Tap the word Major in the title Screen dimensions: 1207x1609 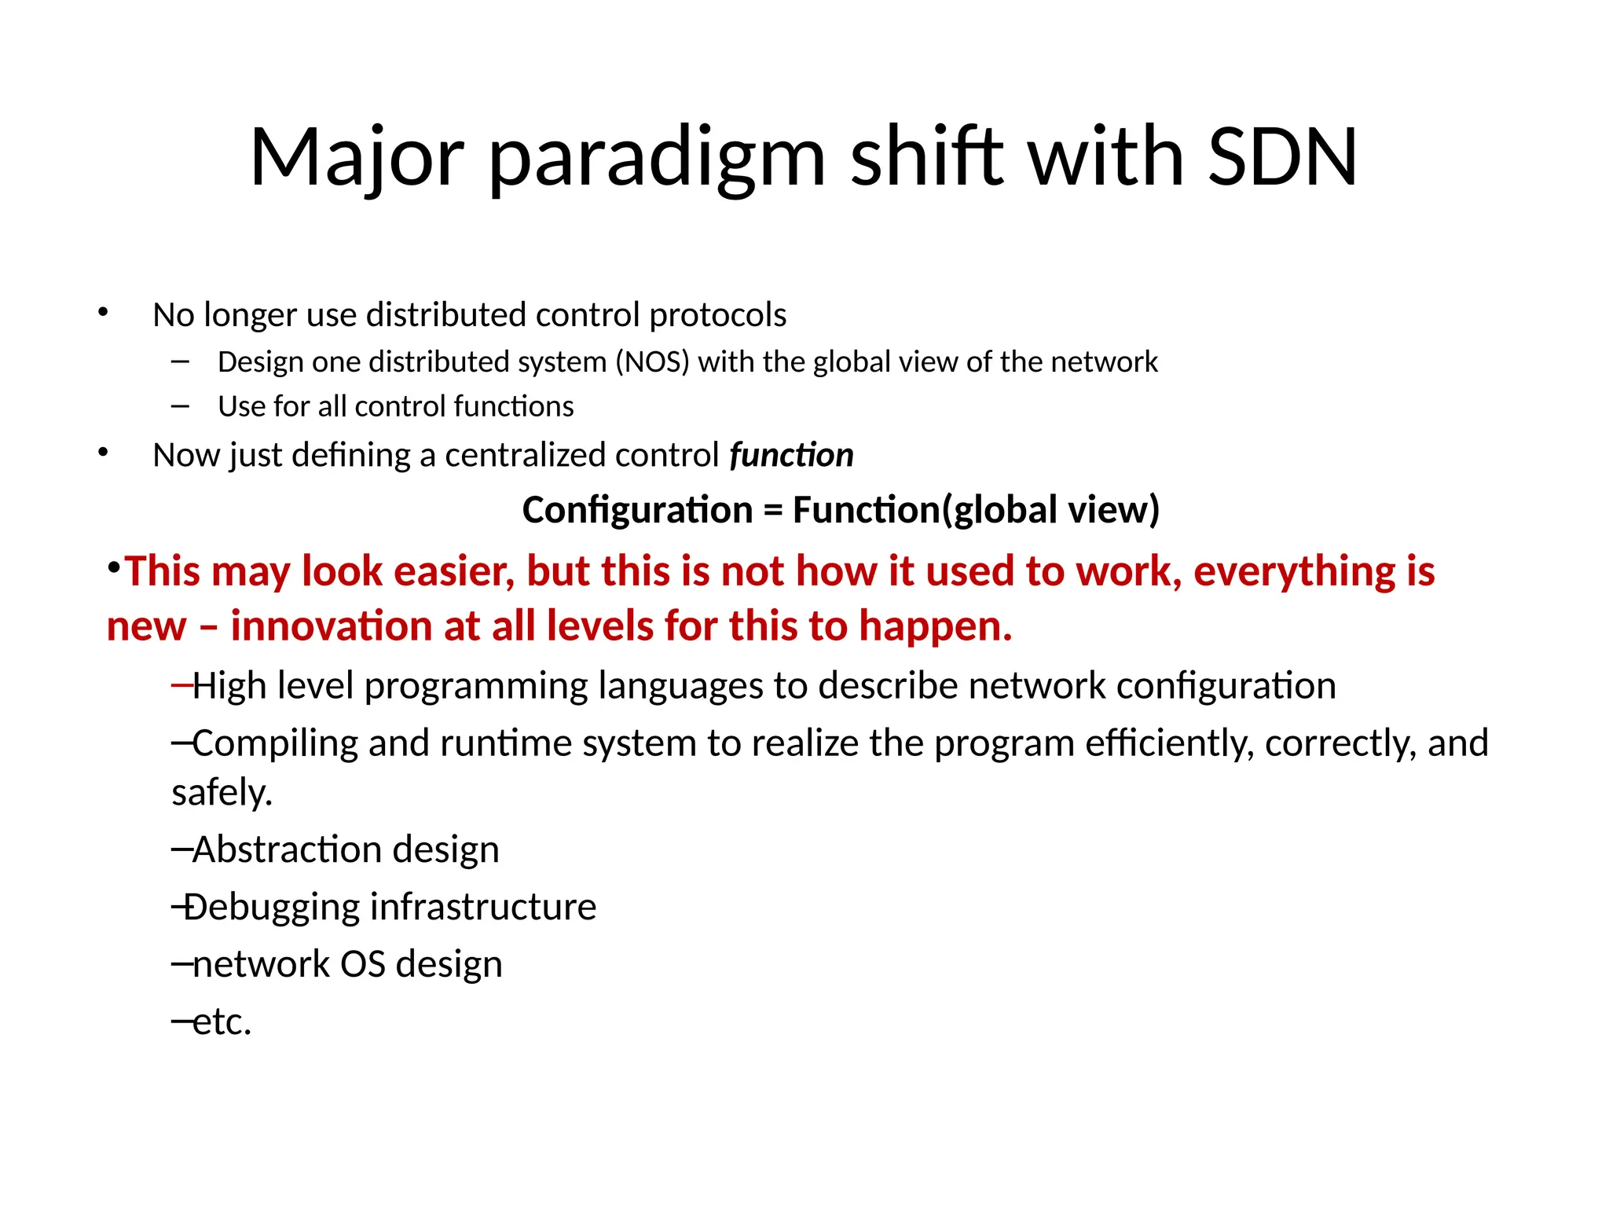(357, 160)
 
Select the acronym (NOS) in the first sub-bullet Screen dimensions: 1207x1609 (651, 362)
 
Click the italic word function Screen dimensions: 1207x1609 (791, 456)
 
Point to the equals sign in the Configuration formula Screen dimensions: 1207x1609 (772, 511)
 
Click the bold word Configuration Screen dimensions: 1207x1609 (637, 511)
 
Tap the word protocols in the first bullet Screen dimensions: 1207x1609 (717, 316)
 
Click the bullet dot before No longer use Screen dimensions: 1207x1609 (103, 313)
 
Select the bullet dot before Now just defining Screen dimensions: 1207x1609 (103, 453)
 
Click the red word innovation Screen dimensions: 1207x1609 (332, 627)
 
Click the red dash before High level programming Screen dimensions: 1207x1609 (181, 686)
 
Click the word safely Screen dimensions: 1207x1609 (222, 793)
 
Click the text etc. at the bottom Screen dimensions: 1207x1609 (222, 1022)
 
